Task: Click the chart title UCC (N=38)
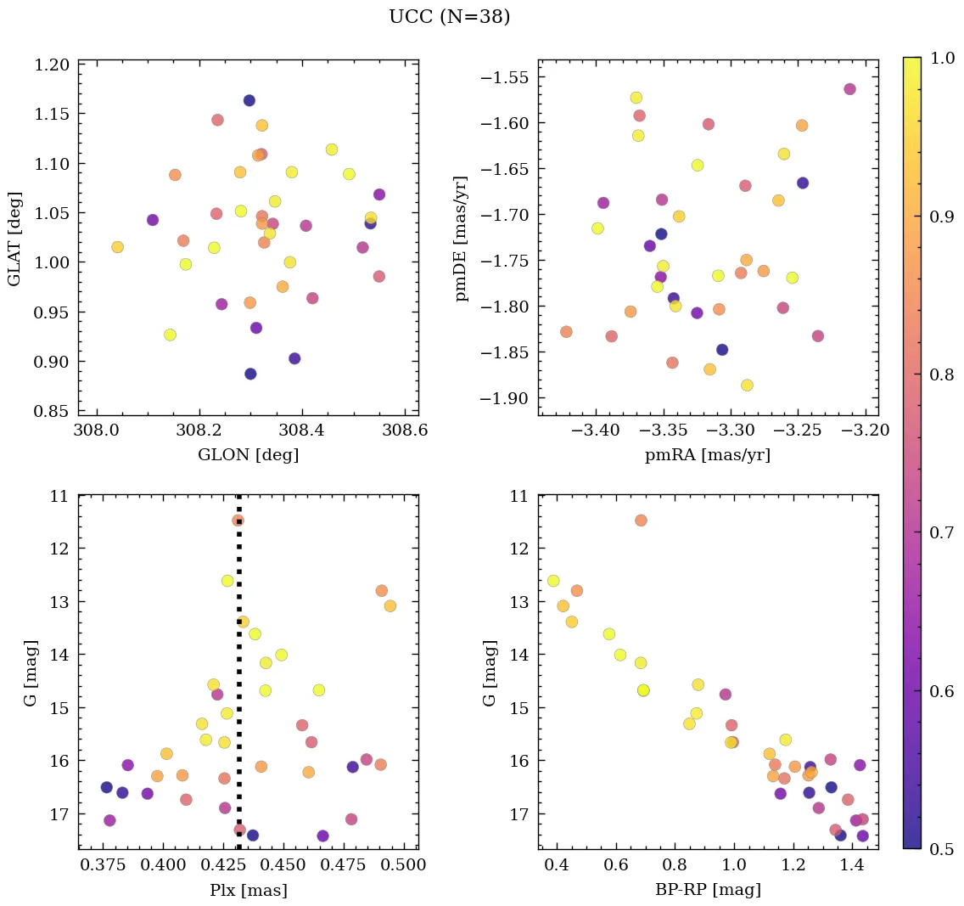click(449, 17)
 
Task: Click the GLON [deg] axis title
click(248, 455)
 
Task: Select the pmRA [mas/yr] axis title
click(708, 455)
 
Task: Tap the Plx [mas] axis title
click(248, 890)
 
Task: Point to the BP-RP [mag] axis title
click(708, 890)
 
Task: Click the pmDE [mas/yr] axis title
click(462, 237)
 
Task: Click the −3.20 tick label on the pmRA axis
click(867, 430)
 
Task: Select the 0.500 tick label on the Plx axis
click(404, 866)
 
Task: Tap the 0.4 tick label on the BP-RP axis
click(558, 866)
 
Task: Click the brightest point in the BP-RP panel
click(641, 521)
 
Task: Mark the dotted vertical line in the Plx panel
click(238, 679)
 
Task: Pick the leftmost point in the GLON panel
click(117, 247)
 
